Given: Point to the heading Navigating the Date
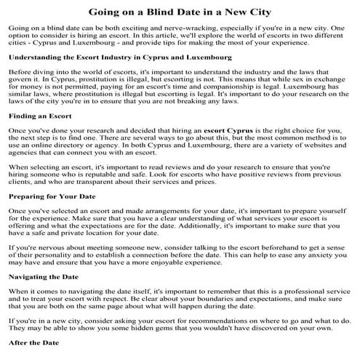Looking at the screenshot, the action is pyautogui.click(x=44, y=276).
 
